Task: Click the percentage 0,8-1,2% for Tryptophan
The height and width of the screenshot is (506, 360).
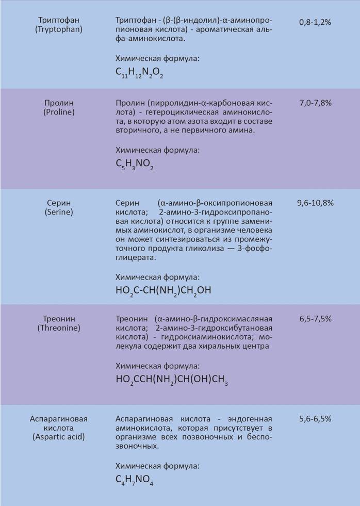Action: [315, 22]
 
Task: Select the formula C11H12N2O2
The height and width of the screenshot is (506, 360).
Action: [139, 74]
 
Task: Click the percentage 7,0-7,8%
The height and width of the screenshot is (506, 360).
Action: [315, 103]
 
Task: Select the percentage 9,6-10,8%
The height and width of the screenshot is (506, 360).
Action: [315, 203]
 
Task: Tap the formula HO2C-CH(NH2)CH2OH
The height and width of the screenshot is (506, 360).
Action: [163, 291]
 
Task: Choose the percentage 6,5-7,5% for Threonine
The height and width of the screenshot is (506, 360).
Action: [315, 319]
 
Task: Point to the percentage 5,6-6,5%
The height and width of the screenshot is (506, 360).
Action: [315, 419]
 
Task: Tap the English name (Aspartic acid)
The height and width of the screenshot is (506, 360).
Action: [59, 437]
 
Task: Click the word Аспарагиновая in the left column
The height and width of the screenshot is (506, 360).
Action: [59, 418]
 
